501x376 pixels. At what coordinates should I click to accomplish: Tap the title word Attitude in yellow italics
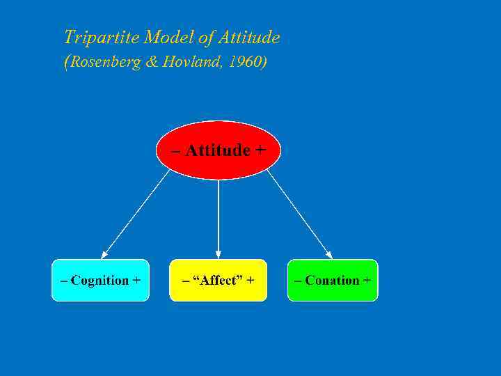(x=248, y=37)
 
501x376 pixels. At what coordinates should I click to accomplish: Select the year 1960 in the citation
(x=247, y=62)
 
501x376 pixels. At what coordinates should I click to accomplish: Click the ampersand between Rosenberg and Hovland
(x=152, y=62)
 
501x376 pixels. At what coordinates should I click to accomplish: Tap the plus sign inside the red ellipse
(x=261, y=150)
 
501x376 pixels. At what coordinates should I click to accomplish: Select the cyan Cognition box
(x=100, y=281)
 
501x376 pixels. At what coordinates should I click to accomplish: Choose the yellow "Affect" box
(x=218, y=281)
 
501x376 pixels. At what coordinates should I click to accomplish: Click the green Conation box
(x=333, y=281)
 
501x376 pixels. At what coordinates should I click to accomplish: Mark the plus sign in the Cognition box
(x=136, y=281)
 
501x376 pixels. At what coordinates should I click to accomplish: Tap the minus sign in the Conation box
(x=299, y=281)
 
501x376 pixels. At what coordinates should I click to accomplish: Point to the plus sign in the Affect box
(x=250, y=281)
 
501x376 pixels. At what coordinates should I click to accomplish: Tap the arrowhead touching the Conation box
(x=328, y=254)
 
